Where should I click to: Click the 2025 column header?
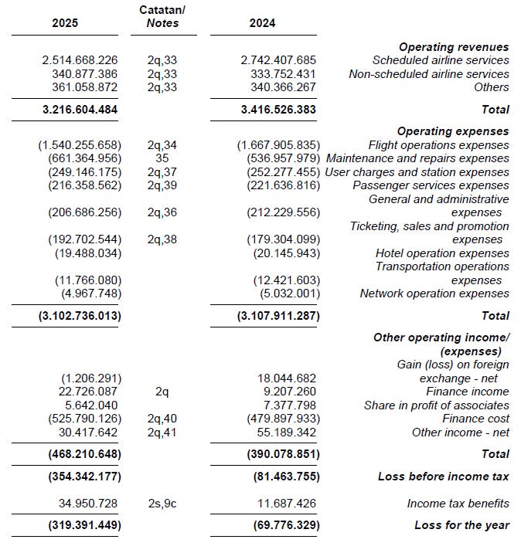tap(65, 23)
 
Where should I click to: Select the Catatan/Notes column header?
tap(162, 16)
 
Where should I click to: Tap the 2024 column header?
tap(262, 23)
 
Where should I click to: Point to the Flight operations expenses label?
tap(438, 145)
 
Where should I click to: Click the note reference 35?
tap(162, 158)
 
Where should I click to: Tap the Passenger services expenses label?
tap(431, 185)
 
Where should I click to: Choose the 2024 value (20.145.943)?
tap(286, 253)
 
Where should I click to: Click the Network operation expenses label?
tap(434, 293)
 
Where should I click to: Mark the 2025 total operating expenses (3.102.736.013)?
tap(80, 316)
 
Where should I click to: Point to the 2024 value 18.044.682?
tap(287, 378)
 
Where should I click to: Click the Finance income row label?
tap(468, 392)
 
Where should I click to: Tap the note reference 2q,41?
tap(162, 433)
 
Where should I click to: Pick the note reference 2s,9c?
tap(162, 504)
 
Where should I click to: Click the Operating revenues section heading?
tap(454, 47)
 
